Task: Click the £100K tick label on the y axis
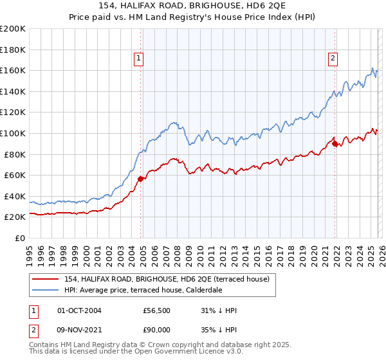13,133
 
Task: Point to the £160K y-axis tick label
13,70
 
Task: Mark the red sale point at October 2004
140,179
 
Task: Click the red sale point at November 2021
335,143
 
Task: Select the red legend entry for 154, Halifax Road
170,278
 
